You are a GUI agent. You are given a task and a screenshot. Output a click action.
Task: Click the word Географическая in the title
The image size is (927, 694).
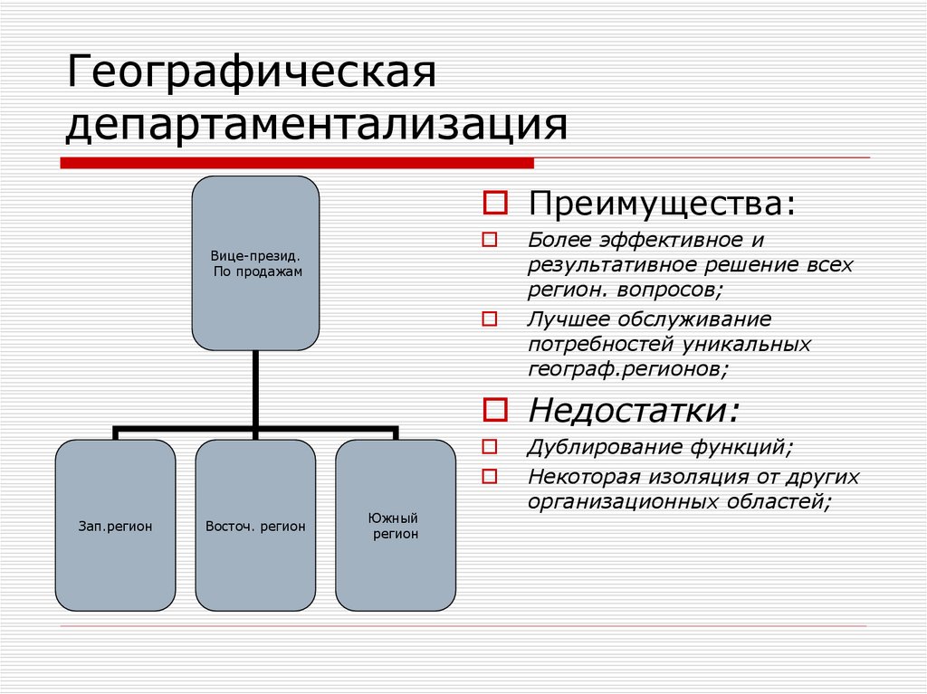click(251, 73)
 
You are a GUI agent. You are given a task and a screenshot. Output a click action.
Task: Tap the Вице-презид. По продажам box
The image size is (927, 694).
click(256, 263)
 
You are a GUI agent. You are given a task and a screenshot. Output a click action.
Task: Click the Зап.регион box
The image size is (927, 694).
click(115, 525)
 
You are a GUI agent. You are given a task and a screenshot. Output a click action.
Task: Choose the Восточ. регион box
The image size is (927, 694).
click(255, 525)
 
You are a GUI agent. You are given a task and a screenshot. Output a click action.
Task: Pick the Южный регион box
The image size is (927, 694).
click(396, 525)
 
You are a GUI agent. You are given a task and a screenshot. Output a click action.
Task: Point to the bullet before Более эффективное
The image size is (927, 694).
click(490, 242)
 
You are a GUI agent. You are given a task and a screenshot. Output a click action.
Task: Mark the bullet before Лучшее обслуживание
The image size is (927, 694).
click(490, 318)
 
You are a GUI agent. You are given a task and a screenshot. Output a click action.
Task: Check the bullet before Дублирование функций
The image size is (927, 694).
click(490, 447)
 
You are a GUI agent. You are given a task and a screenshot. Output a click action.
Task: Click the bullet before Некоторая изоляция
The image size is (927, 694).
click(490, 476)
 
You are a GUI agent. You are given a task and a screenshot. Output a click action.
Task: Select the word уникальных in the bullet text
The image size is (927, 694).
click(748, 344)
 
